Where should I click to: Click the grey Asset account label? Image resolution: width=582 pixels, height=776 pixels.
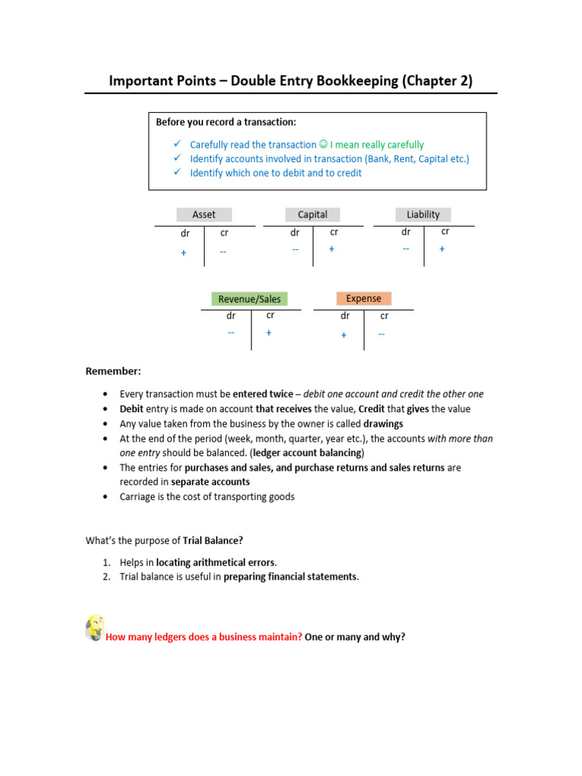point(204,214)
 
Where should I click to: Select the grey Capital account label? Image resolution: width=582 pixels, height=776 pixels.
point(312,214)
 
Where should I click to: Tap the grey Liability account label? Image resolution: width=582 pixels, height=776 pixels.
point(423,214)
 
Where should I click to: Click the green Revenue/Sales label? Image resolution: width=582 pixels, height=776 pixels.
point(249,299)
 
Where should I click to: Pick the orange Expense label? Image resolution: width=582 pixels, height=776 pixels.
point(364,298)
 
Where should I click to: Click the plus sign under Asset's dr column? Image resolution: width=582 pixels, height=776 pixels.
point(183,253)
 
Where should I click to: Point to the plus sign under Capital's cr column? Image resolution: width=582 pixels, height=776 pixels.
point(332,249)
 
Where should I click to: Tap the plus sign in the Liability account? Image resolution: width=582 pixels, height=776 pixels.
point(442,249)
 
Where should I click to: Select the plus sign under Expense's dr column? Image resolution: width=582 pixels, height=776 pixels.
point(344,335)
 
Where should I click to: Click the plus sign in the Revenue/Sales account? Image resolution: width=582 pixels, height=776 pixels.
point(269,333)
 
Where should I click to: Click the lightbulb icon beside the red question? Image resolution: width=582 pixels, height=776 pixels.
point(95,628)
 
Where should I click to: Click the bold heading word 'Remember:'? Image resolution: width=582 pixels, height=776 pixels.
point(113,371)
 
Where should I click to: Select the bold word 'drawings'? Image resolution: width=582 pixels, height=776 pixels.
point(383,424)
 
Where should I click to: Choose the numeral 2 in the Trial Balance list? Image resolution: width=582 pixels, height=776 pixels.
point(107,577)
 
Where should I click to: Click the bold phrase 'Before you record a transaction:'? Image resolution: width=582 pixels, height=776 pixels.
point(226,121)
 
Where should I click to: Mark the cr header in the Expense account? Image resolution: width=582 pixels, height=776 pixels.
point(384,315)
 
